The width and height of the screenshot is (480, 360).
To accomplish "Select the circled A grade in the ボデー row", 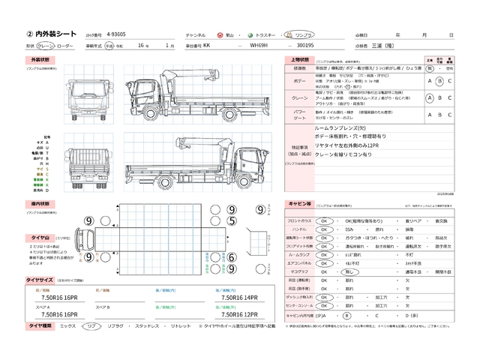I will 429,82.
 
